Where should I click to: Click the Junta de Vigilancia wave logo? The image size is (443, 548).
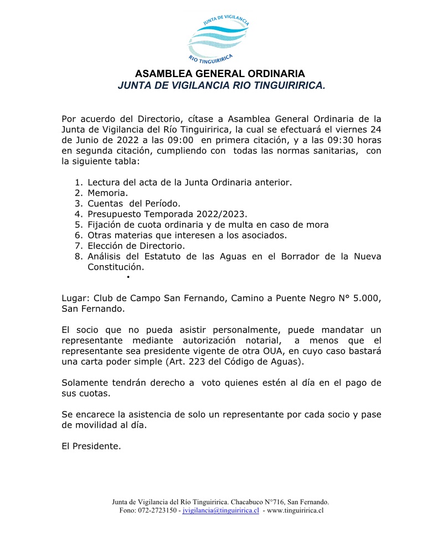pyautogui.click(x=221, y=37)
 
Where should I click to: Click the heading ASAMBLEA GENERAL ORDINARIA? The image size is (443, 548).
pyautogui.click(x=220, y=74)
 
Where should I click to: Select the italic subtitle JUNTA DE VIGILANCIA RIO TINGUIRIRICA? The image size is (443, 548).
pyautogui.click(x=221, y=85)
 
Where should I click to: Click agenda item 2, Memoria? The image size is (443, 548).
pyautogui.click(x=107, y=193)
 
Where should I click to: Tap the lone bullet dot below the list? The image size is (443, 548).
pyautogui.click(x=128, y=276)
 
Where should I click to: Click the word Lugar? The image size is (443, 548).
pyautogui.click(x=74, y=298)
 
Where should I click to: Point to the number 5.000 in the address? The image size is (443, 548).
pyautogui.click(x=365, y=298)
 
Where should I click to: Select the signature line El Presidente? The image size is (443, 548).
pyautogui.click(x=91, y=446)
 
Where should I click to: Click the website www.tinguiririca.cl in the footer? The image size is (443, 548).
pyautogui.click(x=295, y=510)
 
